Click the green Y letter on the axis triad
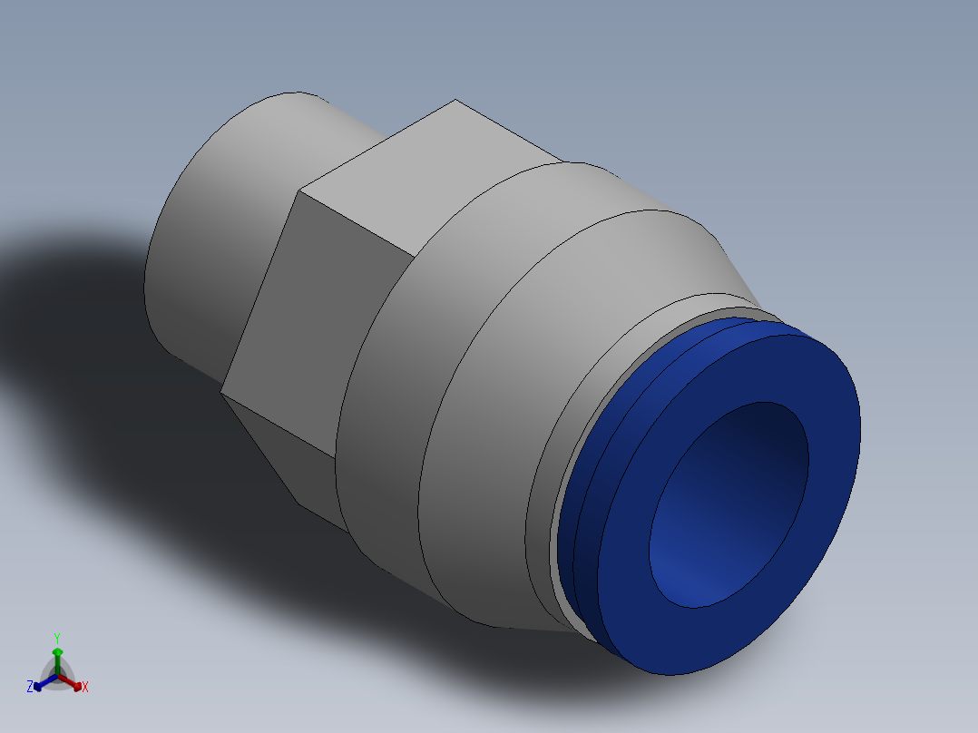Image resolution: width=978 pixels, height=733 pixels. [57, 637]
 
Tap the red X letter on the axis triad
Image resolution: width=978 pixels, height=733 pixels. [85, 688]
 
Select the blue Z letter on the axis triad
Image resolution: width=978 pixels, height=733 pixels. [30, 688]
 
